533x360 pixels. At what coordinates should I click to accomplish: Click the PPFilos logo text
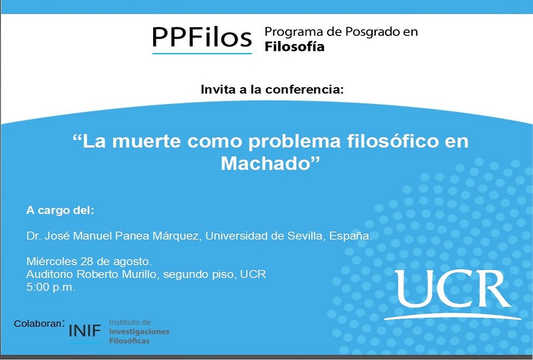click(x=202, y=37)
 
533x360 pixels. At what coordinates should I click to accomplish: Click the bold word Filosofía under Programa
click(x=294, y=46)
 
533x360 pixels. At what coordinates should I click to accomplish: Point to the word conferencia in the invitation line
click(x=305, y=89)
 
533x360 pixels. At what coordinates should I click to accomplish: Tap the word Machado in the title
click(x=266, y=163)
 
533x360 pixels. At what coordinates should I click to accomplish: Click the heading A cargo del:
click(x=60, y=210)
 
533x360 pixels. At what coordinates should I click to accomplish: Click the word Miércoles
click(x=52, y=261)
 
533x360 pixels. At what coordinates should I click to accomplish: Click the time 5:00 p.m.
click(x=51, y=287)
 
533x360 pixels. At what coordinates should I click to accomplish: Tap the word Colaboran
click(x=38, y=324)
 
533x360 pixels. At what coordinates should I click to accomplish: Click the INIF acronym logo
click(x=85, y=330)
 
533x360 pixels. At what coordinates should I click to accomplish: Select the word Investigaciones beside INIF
click(x=139, y=332)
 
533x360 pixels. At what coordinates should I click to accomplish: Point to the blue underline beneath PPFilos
click(x=202, y=53)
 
